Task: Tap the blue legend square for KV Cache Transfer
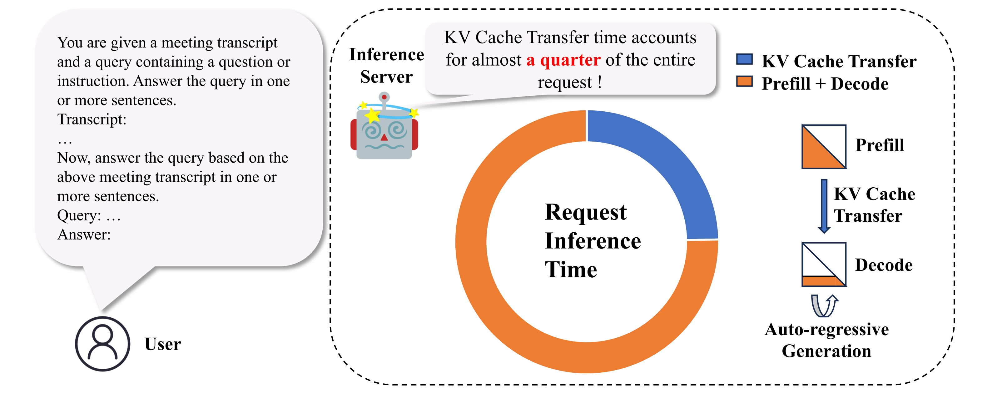[x=744, y=59]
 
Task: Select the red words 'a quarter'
[x=563, y=60]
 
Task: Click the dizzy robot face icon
[x=384, y=132]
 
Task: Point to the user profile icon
[x=102, y=344]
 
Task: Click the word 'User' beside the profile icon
[x=163, y=344]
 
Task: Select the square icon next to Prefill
[x=824, y=146]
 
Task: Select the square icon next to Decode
[x=824, y=265]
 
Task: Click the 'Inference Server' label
[x=386, y=65]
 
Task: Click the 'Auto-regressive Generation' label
[x=826, y=340]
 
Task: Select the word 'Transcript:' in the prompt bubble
[x=92, y=119]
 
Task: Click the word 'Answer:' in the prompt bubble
[x=84, y=235]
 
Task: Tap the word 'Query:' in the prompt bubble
[x=79, y=215]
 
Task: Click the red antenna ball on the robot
[x=384, y=97]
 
